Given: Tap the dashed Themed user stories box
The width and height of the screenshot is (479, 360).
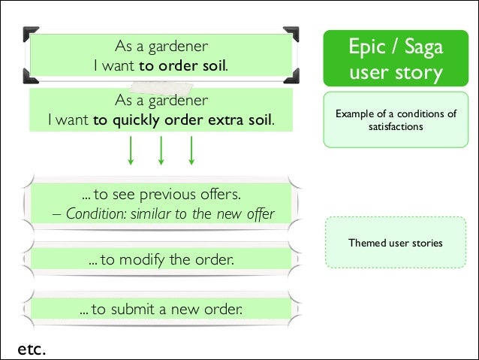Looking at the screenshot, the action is pos(395,243).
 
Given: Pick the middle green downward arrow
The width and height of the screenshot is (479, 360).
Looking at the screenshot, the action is pos(161,150).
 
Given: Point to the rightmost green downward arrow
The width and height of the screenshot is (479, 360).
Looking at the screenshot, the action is pos(191,150).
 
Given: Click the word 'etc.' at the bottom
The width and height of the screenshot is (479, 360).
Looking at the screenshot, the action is pos(32,349).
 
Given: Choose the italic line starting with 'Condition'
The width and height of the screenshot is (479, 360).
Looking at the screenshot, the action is pos(170,213).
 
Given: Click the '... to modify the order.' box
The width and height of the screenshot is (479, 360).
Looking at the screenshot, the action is pos(160,261).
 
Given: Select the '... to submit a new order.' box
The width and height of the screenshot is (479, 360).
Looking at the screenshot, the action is pos(161,309).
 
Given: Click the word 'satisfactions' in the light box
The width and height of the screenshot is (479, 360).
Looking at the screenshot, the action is pos(396,127).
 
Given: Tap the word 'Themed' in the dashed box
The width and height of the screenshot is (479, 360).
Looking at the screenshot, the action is pos(364,244).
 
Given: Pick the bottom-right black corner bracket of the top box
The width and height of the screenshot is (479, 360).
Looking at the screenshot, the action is pos(293,76).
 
